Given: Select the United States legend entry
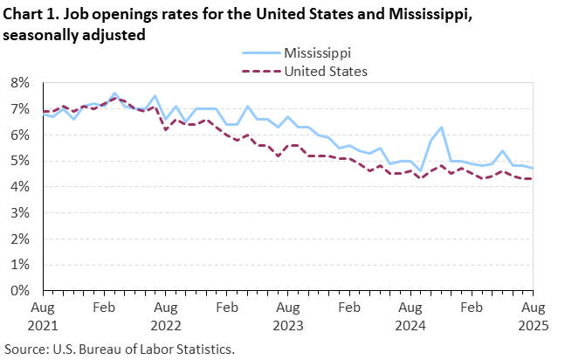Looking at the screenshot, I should [324, 71].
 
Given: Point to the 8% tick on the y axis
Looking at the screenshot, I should [20, 83].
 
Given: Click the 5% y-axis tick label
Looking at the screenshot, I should [20, 161].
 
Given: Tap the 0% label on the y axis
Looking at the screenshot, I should [20, 290].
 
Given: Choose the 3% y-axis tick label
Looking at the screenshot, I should [20, 212].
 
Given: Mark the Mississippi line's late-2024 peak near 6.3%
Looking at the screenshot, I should [442, 128].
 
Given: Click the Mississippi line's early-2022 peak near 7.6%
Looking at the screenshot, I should [114, 93].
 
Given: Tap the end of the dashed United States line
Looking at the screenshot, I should [533, 179].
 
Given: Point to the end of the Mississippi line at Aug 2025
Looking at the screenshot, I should [533, 169].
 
